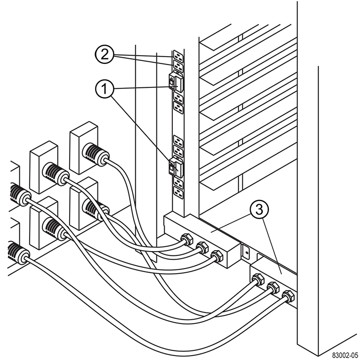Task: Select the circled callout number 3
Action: coord(258,209)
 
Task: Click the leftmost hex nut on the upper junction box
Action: coord(185,239)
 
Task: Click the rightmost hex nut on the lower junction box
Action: coord(288,296)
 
